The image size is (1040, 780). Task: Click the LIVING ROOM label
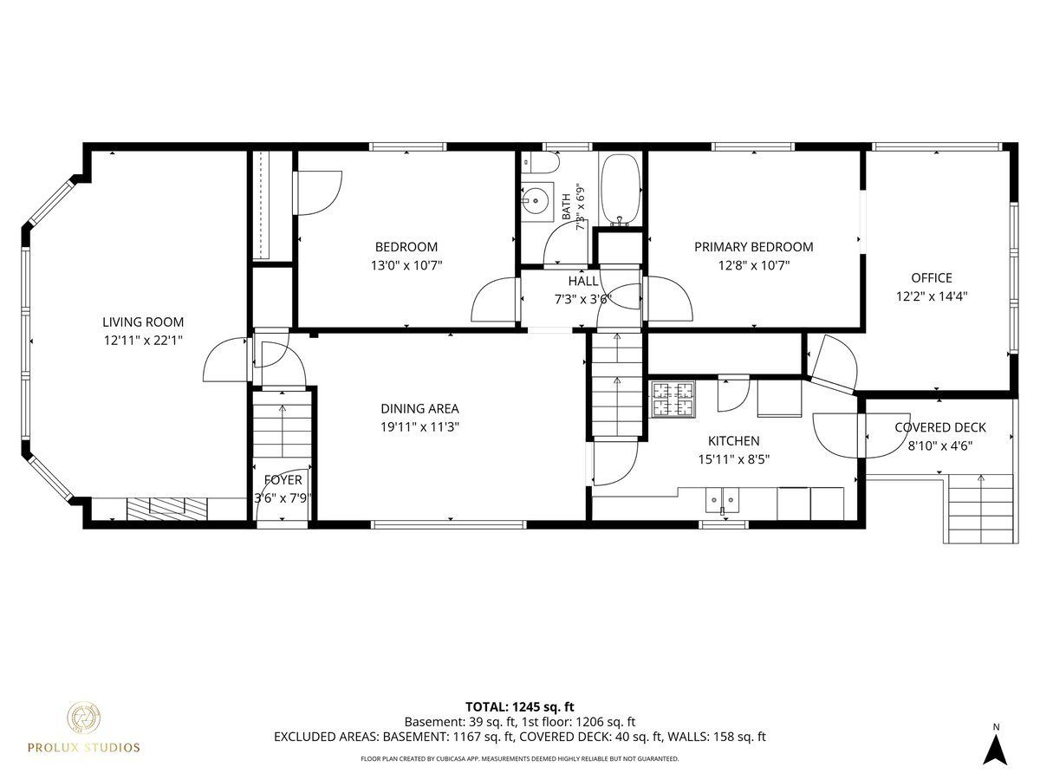tap(143, 322)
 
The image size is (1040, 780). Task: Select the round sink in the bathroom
tap(536, 201)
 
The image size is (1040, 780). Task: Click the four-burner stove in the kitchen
tap(673, 400)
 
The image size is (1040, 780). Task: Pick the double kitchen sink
tap(723, 501)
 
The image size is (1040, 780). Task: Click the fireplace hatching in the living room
tap(167, 509)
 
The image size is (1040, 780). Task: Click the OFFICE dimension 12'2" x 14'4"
tap(932, 296)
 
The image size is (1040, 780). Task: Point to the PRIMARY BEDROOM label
tap(754, 247)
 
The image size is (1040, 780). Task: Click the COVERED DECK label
tap(940, 427)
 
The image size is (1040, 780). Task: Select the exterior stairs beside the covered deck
tap(981, 509)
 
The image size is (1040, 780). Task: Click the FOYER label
tap(283, 480)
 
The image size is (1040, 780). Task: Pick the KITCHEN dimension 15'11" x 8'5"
tap(733, 459)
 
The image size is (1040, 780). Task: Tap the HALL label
tap(583, 281)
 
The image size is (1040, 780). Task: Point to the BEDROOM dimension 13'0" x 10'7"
tap(406, 265)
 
